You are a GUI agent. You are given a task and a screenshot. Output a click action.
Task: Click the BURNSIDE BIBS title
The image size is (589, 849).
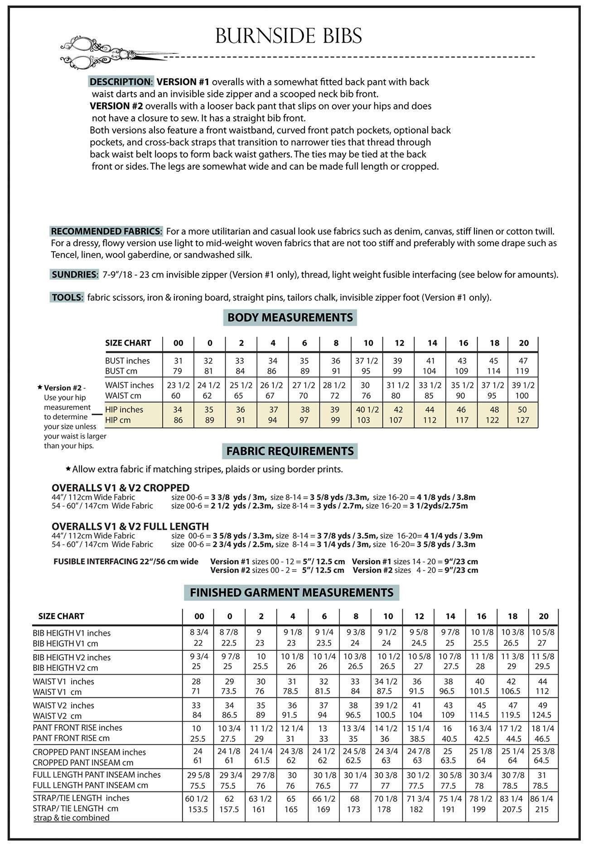pyautogui.click(x=289, y=36)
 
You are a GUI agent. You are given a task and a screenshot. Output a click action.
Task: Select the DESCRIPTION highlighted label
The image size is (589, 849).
pyautogui.click(x=121, y=82)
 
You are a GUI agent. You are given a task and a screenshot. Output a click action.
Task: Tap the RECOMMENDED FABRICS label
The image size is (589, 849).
pyautogui.click(x=106, y=231)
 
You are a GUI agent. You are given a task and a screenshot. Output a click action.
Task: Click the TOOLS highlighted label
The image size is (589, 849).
pyautogui.click(x=67, y=297)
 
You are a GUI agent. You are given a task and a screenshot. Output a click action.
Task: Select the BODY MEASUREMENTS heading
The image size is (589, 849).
pyautogui.click(x=290, y=318)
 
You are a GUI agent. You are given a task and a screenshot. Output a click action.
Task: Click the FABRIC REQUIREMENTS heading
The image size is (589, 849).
pyautogui.click(x=290, y=451)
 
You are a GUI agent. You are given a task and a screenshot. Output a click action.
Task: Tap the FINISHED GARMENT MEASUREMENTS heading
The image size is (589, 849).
pyautogui.click(x=291, y=592)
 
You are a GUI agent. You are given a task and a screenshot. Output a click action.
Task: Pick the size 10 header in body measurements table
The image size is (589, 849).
pyautogui.click(x=368, y=343)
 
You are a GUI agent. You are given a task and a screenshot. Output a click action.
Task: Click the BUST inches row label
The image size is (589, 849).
pyautogui.click(x=127, y=361)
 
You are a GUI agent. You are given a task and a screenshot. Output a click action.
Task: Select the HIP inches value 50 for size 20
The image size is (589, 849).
pyautogui.click(x=522, y=410)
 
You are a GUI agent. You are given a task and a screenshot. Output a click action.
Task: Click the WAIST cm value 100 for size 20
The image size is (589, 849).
pyautogui.click(x=522, y=396)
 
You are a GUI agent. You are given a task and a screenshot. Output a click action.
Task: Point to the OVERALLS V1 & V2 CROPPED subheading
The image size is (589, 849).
pyautogui.click(x=121, y=488)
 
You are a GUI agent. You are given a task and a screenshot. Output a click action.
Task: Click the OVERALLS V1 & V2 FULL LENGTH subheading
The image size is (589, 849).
pyautogui.click(x=130, y=526)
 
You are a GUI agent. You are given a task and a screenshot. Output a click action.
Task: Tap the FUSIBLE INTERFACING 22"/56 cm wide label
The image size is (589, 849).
pyautogui.click(x=126, y=562)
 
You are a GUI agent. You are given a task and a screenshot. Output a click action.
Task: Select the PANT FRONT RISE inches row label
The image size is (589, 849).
pyautogui.click(x=77, y=728)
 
